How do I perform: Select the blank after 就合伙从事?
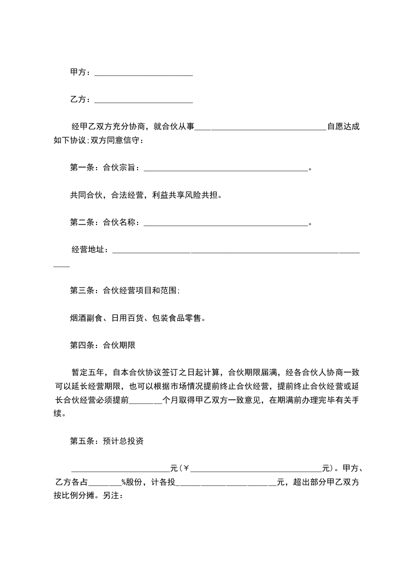[x=260, y=127]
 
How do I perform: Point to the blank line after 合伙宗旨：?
[x=226, y=168]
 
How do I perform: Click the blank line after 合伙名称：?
[x=226, y=223]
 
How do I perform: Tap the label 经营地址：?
[x=90, y=250]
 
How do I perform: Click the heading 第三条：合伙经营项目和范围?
[x=125, y=291]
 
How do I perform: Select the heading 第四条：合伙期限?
[x=102, y=346]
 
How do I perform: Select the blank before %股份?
[x=106, y=482]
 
